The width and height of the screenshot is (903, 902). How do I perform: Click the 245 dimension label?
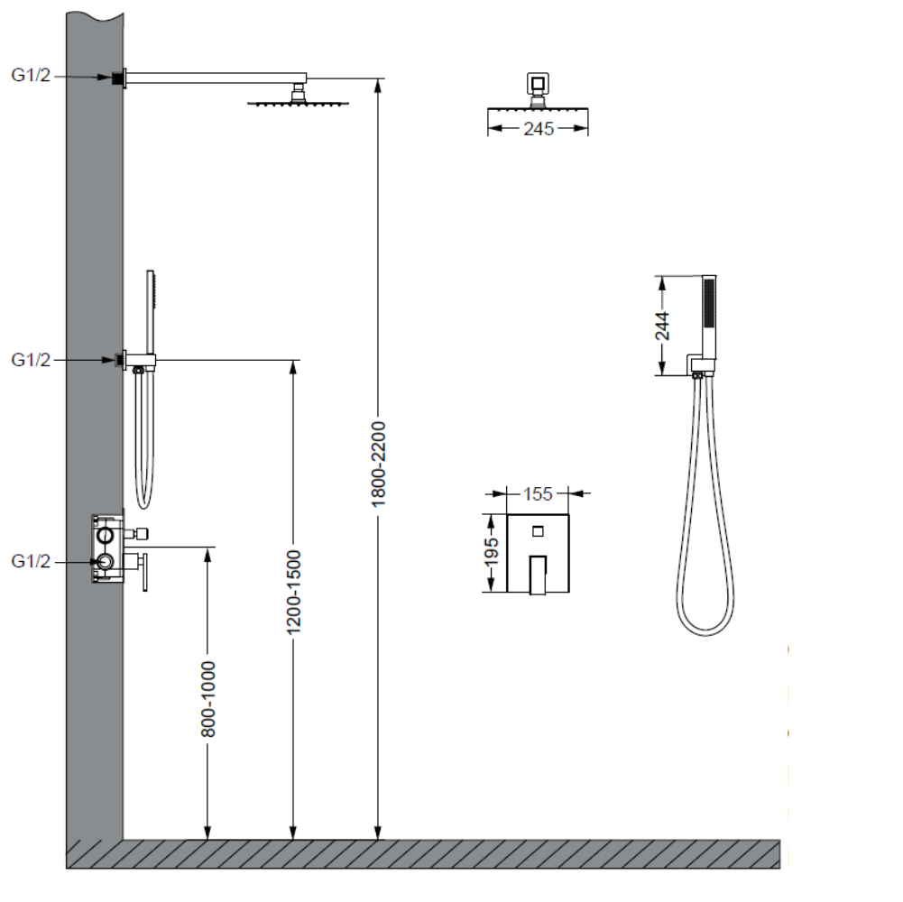click(539, 128)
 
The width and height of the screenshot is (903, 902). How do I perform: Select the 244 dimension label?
click(663, 326)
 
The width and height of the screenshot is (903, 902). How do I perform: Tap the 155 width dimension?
click(538, 493)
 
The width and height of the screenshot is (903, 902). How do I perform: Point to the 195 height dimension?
click(491, 552)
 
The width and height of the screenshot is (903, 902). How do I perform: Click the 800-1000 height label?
click(207, 699)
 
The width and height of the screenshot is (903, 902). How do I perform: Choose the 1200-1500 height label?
click(294, 592)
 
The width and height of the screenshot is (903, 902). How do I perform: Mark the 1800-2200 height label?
click(378, 465)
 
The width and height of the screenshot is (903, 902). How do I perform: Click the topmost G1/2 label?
click(31, 75)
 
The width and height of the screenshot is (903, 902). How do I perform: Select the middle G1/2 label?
click(31, 359)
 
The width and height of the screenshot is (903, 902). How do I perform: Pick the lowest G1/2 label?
click(31, 561)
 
